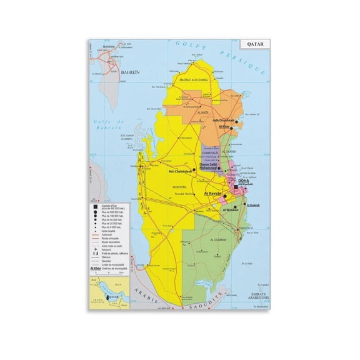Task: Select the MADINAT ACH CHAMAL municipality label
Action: pyautogui.click(x=184, y=79)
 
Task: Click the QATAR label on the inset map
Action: pyautogui.click(x=114, y=297)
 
